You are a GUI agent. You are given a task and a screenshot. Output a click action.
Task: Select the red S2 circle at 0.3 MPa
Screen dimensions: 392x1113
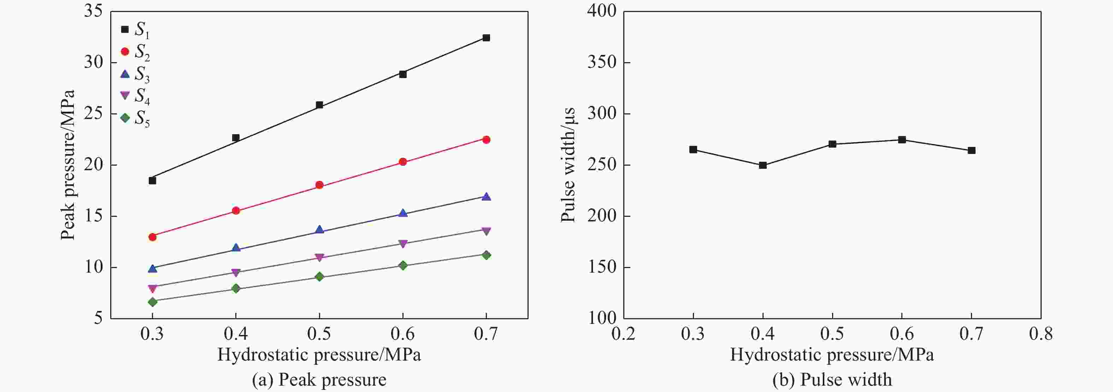(152, 237)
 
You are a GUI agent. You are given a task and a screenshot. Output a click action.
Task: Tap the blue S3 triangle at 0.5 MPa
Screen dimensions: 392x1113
(319, 230)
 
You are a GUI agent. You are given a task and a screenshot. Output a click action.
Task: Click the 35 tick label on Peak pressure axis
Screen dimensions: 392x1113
(93, 11)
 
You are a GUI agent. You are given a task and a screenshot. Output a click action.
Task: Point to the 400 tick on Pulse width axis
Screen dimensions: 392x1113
(601, 11)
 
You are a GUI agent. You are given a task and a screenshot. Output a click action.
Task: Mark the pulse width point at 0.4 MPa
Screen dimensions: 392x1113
(762, 165)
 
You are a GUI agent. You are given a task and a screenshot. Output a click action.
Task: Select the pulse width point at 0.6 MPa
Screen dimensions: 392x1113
(902, 140)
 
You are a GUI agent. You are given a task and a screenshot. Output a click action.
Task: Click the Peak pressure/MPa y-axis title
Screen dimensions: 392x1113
(67, 165)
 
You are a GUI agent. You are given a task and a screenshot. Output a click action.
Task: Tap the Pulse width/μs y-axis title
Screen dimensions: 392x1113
(568, 165)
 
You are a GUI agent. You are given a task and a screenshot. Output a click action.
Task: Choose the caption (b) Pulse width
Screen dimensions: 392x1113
(832, 380)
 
